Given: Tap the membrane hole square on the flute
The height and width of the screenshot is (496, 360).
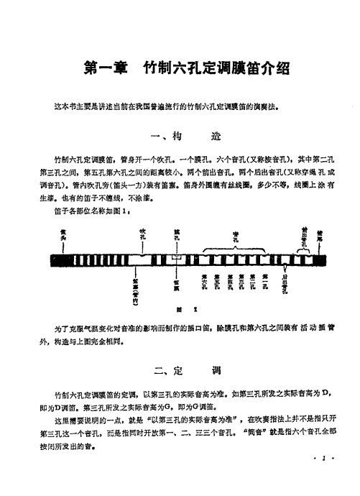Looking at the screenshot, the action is click(177, 257).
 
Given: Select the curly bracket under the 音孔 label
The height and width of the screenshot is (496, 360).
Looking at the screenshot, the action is click(235, 247).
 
